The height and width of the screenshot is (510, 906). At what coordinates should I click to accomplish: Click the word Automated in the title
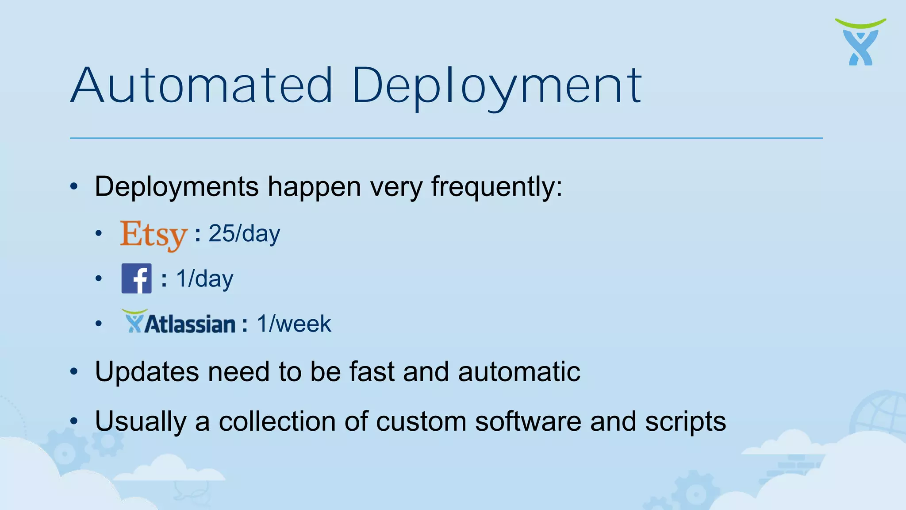201,85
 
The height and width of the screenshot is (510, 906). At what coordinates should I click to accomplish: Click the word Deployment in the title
496,85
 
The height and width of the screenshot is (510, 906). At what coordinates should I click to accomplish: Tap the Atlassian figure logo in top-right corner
860,42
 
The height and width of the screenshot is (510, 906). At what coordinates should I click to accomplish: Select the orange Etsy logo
154,235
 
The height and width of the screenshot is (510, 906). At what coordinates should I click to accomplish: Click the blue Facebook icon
136,278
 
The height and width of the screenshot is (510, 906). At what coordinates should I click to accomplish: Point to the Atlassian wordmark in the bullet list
179,322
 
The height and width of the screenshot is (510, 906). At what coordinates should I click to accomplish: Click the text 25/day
244,233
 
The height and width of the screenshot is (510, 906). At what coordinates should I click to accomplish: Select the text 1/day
204,279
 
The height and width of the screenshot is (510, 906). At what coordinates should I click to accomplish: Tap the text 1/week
294,324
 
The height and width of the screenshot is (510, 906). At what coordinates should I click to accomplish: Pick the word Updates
147,371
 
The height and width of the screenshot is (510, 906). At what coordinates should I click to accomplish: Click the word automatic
519,371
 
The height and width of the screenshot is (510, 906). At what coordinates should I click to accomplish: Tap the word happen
314,187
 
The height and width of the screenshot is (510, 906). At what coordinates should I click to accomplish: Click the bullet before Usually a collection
74,421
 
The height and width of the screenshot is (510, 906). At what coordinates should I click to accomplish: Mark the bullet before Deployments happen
74,186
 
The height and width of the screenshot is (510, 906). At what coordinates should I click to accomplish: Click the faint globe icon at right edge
880,412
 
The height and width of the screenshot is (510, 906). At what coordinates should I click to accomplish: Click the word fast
372,371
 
